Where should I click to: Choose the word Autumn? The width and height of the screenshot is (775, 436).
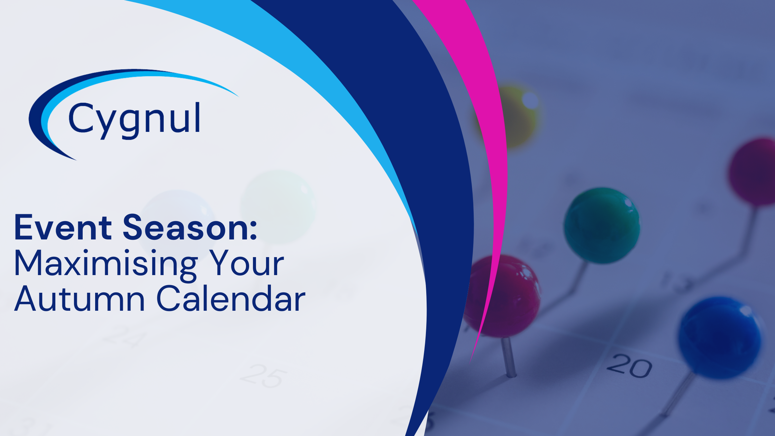click(x=79, y=299)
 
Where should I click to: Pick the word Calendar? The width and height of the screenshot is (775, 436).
click(x=231, y=299)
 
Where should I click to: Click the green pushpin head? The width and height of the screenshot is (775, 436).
click(x=601, y=225)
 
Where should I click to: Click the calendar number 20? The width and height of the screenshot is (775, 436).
click(x=629, y=366)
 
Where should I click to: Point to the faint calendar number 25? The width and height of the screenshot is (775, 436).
click(x=264, y=375)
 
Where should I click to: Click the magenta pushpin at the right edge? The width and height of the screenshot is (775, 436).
click(x=754, y=171)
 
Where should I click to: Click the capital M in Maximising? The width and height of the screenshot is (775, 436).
click(x=29, y=264)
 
